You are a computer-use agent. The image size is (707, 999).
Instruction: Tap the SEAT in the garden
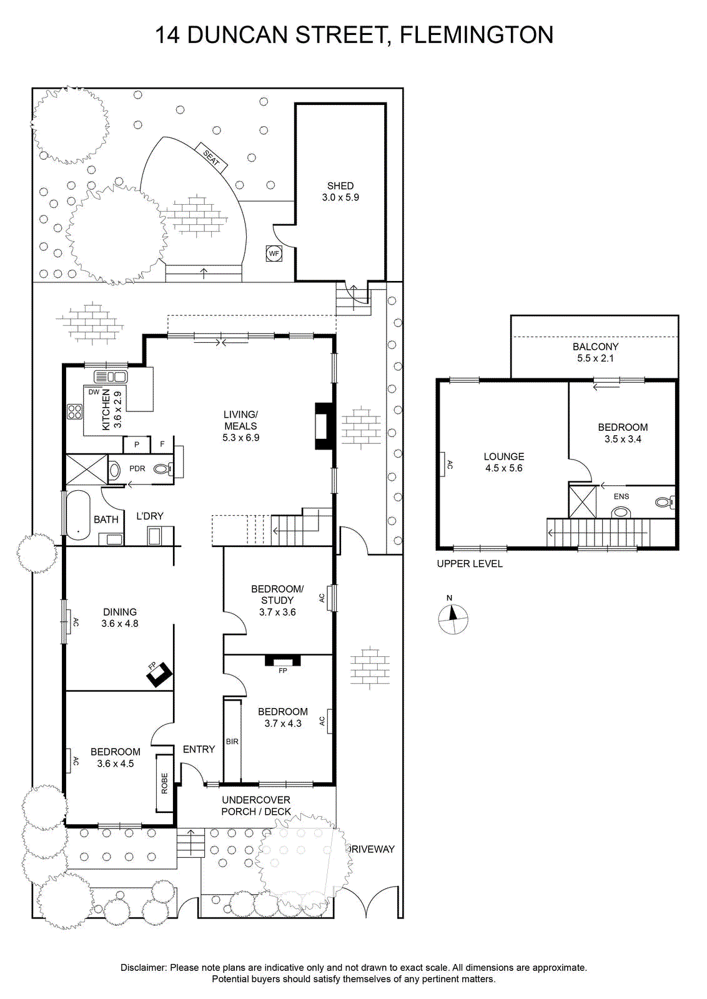212,157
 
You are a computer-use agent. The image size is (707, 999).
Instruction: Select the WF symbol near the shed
274,253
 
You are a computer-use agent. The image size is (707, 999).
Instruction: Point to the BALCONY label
595,347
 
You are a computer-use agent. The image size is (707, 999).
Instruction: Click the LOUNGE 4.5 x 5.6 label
504,462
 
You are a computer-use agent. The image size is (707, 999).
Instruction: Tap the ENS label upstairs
621,496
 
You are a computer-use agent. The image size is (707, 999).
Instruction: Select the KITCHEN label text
106,410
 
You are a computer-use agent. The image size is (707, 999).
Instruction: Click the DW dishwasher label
94,392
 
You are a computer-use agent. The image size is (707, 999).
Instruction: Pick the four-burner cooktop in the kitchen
74,411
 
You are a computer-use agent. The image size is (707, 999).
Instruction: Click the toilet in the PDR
163,469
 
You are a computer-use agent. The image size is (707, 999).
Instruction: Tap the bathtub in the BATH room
78,515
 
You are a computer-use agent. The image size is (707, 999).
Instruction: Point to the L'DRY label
150,516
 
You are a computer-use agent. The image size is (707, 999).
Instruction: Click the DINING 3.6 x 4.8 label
119,618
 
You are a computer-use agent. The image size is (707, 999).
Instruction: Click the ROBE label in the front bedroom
164,784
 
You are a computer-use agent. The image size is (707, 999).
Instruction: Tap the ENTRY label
199,749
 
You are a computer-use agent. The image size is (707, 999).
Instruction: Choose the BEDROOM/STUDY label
277,594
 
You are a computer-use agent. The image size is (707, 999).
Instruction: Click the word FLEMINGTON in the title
477,35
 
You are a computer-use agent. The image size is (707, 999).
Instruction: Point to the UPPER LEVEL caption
470,564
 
